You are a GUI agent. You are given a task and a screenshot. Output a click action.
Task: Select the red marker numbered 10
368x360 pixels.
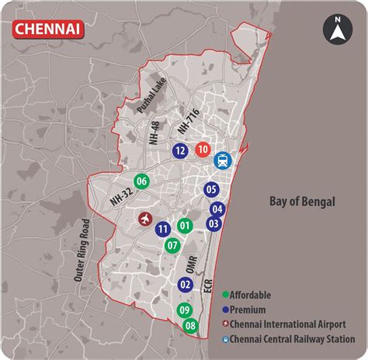(203, 150)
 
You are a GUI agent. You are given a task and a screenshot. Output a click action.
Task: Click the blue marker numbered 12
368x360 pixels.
(180, 151)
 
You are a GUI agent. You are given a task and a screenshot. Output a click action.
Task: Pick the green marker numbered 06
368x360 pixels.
(141, 182)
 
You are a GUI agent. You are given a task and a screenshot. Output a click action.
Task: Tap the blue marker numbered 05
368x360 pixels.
(210, 189)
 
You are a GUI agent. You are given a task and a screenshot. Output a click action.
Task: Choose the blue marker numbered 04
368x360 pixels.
(217, 209)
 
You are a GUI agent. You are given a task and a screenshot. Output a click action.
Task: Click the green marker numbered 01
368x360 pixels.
(184, 226)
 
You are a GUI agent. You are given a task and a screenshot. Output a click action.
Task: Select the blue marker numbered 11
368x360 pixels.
(162, 229)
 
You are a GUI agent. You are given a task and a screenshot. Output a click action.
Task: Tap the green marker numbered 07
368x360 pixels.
(173, 245)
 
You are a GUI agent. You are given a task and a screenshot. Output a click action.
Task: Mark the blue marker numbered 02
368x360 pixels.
(185, 285)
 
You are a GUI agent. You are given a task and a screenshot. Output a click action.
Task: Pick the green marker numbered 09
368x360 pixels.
(184, 311)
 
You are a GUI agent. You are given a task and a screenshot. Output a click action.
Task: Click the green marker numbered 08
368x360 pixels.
(190, 327)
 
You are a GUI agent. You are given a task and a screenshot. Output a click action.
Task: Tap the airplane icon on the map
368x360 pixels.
(144, 220)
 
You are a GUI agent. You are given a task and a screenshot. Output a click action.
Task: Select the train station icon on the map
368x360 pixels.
(223, 161)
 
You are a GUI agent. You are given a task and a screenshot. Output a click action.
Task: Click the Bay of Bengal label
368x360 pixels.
(302, 202)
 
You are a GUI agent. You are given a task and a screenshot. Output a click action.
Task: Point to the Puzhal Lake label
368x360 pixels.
(151, 100)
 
